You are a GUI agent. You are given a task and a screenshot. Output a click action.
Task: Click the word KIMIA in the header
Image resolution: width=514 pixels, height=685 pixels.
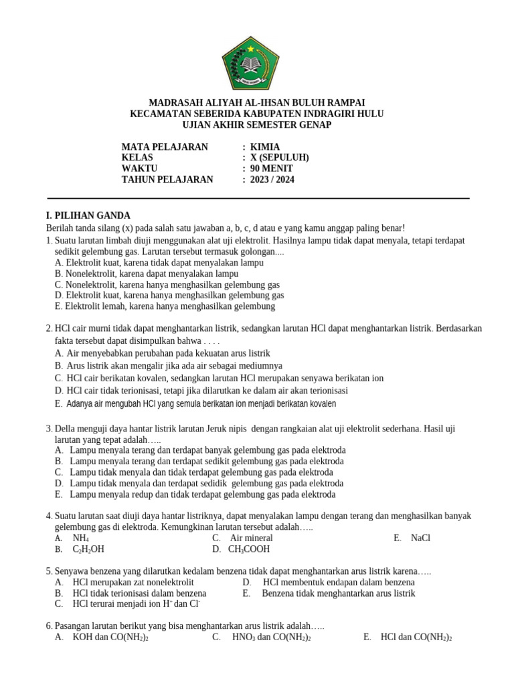point(265,147)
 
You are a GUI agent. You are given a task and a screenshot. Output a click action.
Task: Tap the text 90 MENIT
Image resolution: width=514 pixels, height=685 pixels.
point(272,169)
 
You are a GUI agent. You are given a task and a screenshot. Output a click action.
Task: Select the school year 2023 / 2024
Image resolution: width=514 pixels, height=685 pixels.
point(272,179)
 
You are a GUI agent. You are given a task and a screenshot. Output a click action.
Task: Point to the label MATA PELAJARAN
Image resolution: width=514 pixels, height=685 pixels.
point(165,147)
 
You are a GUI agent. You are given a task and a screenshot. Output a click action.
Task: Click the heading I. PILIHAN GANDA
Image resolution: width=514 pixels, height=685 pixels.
point(88,215)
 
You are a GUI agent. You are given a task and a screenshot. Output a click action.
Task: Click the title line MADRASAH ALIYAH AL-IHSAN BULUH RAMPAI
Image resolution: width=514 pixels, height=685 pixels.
point(256,103)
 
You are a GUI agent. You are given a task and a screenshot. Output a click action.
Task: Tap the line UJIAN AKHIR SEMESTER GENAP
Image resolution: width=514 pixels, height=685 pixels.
point(256,124)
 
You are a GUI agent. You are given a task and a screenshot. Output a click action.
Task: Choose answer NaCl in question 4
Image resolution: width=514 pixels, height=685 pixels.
point(420,538)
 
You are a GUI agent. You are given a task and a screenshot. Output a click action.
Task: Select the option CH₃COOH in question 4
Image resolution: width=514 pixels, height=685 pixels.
point(249,549)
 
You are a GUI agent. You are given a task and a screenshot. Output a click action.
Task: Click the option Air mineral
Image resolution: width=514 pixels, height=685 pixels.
point(251,538)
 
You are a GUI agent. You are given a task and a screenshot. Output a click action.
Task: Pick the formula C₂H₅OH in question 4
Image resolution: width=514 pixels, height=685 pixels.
point(88,549)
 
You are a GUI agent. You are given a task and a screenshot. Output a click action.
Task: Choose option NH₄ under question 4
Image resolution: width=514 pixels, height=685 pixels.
point(81,538)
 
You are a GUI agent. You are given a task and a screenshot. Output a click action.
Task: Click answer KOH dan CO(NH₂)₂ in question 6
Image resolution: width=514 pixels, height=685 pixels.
point(111,638)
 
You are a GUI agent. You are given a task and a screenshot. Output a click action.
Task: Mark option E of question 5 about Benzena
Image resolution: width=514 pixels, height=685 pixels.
point(339,593)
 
